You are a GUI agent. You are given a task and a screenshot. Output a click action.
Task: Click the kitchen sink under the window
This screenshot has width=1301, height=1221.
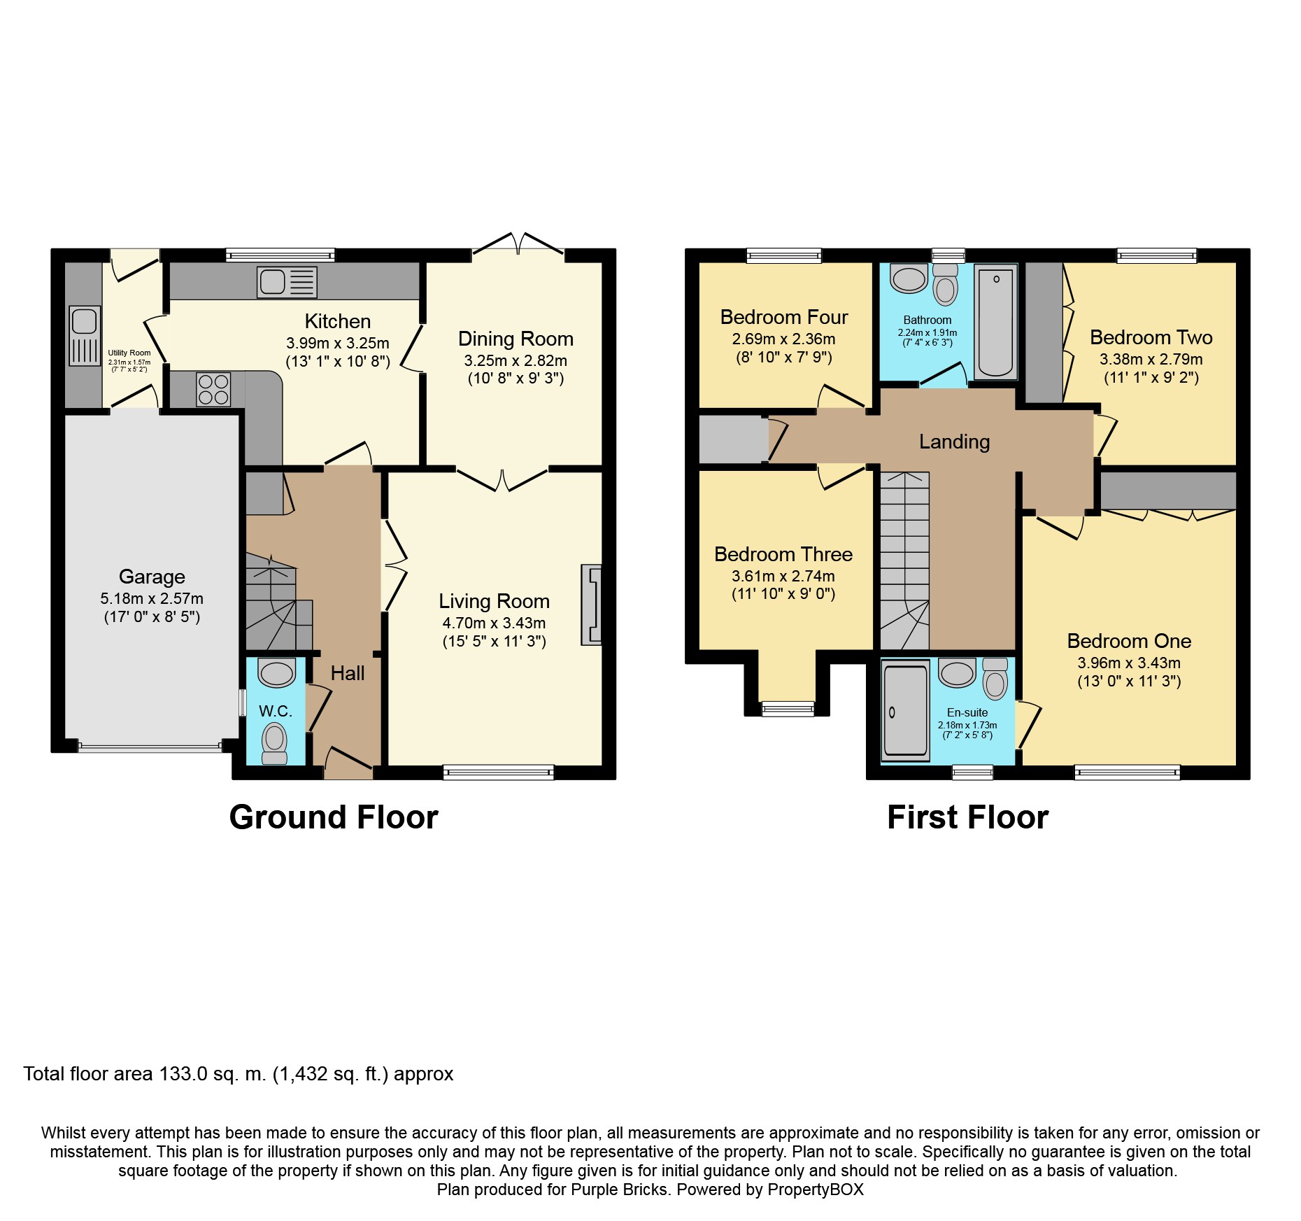coord(287,282)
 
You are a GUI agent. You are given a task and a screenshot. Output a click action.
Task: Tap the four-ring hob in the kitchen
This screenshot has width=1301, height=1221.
coord(213,390)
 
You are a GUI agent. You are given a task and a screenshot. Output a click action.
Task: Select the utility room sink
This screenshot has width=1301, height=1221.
coord(85,336)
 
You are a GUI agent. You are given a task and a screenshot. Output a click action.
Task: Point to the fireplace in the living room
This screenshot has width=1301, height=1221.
coord(591,605)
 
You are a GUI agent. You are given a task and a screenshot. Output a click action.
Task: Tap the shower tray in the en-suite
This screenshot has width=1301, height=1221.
coord(905,711)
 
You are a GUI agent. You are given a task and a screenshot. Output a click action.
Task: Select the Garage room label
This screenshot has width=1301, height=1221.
coord(152,577)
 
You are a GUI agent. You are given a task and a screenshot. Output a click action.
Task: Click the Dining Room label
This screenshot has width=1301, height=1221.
coord(516,339)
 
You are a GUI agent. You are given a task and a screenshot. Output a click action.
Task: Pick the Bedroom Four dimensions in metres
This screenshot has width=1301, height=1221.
coord(783,339)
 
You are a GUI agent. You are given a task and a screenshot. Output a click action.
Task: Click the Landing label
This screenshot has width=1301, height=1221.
coord(954,442)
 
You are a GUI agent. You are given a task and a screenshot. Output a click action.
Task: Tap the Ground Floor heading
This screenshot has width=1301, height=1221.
coord(334,817)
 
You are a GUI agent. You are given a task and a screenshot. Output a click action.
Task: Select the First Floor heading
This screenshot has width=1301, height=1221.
coord(967,817)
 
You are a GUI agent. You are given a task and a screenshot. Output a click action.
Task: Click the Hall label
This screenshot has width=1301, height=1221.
coord(348,673)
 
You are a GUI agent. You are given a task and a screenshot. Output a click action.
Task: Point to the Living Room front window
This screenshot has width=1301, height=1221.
coord(499,772)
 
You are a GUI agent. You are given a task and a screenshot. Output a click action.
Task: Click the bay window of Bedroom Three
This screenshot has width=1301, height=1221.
coord(788,709)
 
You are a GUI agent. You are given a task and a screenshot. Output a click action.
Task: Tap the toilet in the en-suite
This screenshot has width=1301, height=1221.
coord(995,679)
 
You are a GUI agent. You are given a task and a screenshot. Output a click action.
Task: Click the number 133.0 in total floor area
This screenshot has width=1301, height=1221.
coord(183,1074)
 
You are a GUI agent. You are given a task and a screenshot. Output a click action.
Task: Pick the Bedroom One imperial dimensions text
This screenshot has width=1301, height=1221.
coord(1129,682)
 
